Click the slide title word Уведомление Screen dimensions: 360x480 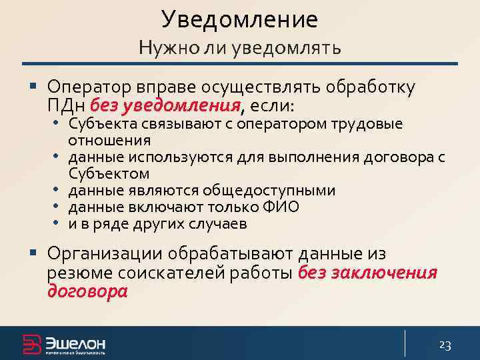coord(239,19)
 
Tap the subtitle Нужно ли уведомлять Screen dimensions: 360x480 coord(239,48)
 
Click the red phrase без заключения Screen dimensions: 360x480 coord(367,273)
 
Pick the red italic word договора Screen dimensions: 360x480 coord(87,291)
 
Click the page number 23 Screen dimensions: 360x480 coord(445,345)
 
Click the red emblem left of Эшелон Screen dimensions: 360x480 coord(31,343)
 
